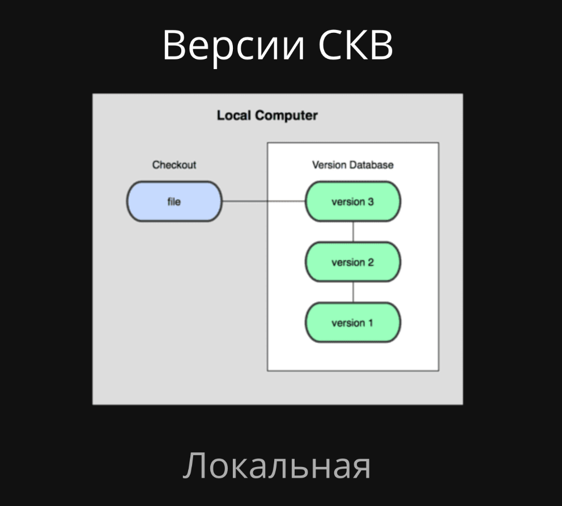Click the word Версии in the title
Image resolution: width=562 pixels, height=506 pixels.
233,45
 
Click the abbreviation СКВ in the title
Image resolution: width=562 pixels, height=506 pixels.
355,45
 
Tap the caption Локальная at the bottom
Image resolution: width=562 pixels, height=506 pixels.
277,466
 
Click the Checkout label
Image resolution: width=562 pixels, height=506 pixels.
174,165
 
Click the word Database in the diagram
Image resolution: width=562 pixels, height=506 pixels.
371,165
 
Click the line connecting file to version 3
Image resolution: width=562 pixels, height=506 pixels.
263,201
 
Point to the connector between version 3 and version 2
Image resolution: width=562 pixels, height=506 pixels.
353,231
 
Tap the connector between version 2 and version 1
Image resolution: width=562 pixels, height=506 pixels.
353,292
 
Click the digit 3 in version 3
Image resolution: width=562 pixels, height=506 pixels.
371,201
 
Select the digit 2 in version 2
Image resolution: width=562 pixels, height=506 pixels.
371,262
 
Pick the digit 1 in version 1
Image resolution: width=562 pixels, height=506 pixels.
371,323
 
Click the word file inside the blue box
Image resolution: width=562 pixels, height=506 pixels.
174,201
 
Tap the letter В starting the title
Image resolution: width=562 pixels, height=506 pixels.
174,45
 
